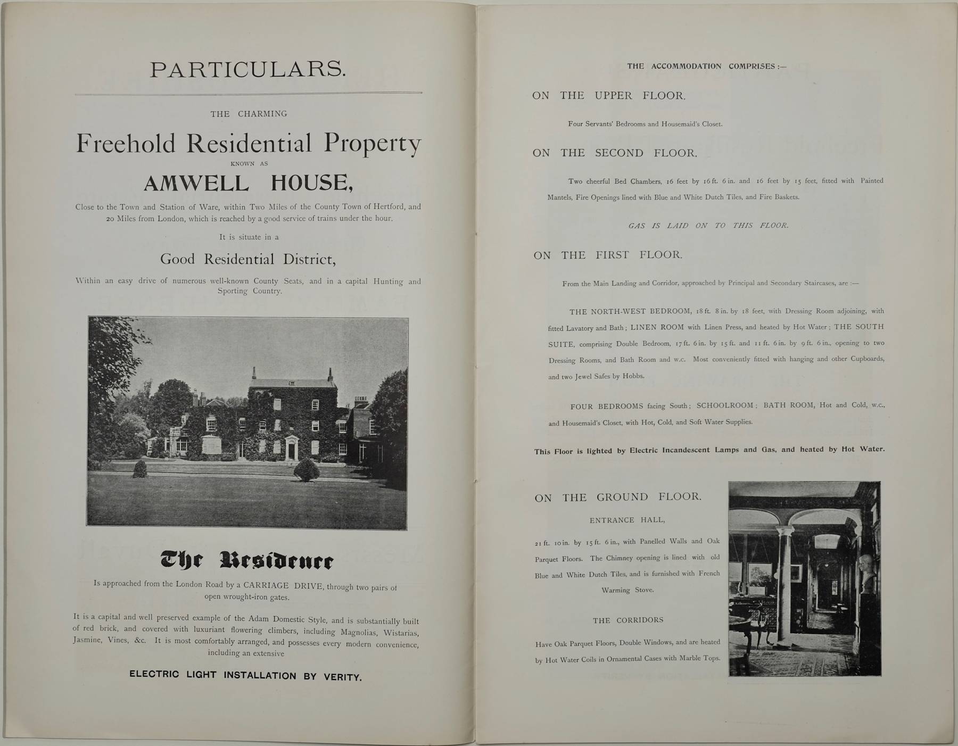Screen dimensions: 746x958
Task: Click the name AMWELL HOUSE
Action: pos(248,184)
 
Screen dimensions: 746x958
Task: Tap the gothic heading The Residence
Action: pos(247,560)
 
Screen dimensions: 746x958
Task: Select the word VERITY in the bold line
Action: pos(342,677)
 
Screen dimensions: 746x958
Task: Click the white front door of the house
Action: pos(291,451)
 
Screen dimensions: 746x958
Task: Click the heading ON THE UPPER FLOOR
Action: pos(609,96)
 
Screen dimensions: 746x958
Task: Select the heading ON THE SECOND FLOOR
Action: pos(615,153)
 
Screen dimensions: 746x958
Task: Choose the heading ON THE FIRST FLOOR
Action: pos(608,255)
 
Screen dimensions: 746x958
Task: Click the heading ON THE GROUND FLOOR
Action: pos(618,498)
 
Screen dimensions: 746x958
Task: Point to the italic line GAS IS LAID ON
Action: pos(708,226)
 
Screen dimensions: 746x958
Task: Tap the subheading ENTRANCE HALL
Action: pos(627,520)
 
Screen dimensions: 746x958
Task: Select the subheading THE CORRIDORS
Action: pos(628,620)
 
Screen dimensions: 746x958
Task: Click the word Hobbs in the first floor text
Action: pos(632,376)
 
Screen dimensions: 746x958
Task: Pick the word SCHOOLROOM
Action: pos(725,405)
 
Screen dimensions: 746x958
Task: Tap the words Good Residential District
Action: pos(248,260)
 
